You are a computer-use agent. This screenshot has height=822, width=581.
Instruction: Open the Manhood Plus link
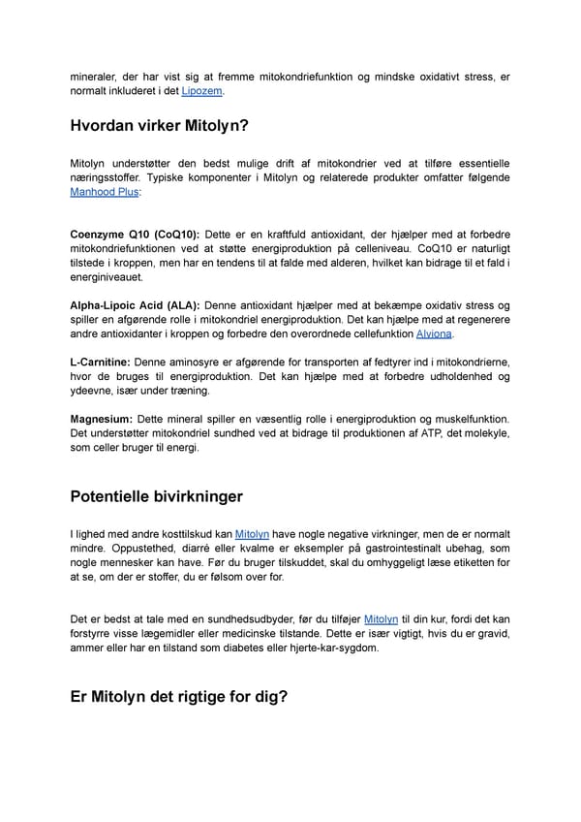pos(105,192)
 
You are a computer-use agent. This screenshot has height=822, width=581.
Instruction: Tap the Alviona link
pos(433,334)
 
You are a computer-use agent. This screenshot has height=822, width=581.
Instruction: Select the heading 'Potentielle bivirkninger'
pos(156,496)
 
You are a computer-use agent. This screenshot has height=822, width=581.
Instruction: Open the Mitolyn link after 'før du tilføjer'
pos(381,618)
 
